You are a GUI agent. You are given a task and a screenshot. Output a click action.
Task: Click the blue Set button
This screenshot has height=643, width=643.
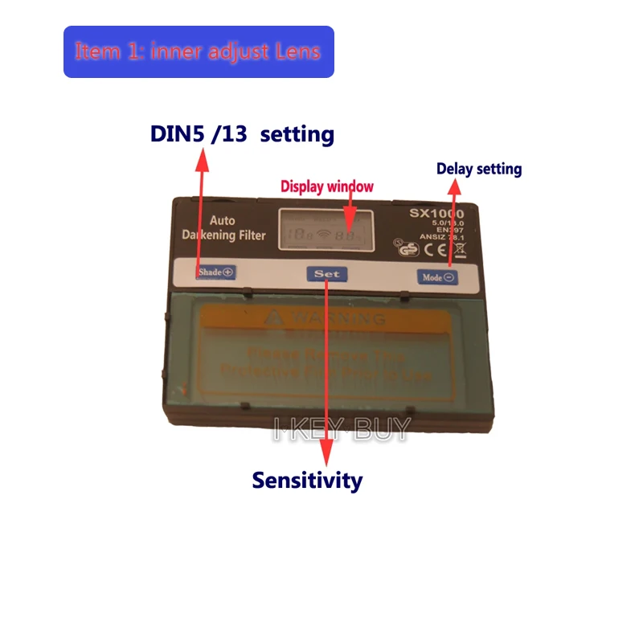[327, 274]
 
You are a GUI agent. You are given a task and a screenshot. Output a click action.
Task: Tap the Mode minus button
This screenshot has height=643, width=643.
[436, 276]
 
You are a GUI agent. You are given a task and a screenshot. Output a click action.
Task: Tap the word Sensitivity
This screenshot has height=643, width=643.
[307, 481]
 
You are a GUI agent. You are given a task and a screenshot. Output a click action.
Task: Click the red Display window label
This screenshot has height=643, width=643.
[327, 186]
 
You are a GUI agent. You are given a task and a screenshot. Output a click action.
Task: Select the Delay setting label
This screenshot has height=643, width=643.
[479, 169]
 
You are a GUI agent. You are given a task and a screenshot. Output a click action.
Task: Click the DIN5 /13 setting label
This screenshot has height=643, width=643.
[242, 133]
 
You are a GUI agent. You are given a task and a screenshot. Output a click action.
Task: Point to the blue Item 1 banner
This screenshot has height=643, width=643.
[199, 51]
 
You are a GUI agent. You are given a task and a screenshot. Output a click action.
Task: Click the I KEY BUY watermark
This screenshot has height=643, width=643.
[342, 428]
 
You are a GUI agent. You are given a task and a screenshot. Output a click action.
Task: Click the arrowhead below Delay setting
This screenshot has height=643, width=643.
[454, 187]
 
